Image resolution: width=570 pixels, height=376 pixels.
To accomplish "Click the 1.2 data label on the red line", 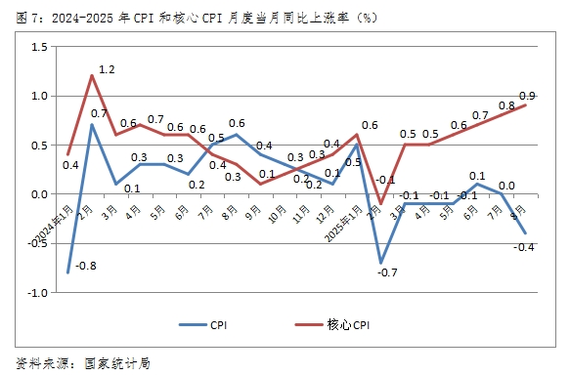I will click(x=108, y=70).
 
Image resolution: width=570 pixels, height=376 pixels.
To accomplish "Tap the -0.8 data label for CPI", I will click(x=88, y=265).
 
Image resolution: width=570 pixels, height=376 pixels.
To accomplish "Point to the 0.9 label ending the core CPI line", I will click(x=527, y=95).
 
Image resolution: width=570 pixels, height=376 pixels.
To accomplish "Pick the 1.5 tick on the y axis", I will click(x=40, y=47).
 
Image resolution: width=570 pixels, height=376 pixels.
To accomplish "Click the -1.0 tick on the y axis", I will click(x=38, y=292).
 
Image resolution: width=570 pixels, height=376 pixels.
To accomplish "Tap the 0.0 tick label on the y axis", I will click(x=40, y=194).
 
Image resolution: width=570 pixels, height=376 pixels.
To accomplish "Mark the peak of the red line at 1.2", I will click(x=92, y=76).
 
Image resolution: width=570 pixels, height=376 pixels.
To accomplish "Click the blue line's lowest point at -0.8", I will click(x=68, y=272).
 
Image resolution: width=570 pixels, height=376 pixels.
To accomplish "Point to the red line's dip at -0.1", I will click(x=382, y=203).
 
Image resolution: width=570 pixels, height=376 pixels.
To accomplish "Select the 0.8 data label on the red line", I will click(x=507, y=104).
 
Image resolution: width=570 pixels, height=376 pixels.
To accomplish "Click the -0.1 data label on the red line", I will click(x=385, y=180).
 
